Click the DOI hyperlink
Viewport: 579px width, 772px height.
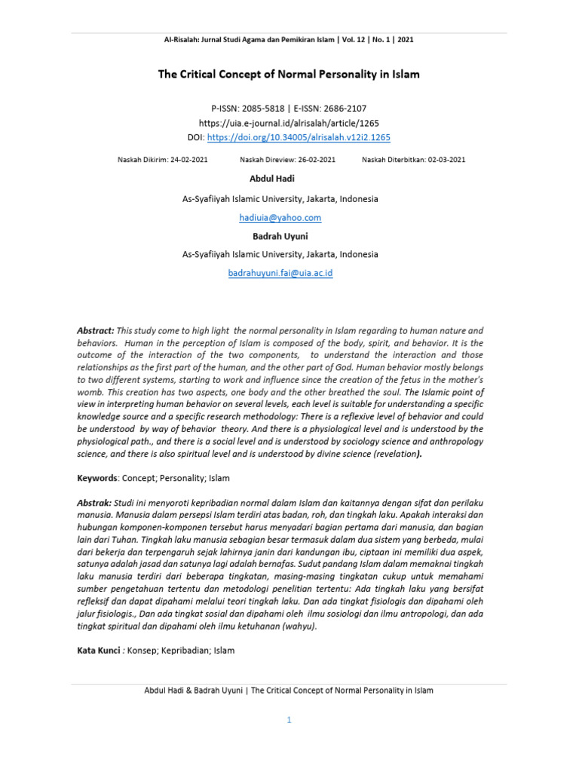(x=299, y=137)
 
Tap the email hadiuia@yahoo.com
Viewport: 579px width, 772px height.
(x=280, y=218)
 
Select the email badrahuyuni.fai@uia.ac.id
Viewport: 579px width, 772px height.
(x=280, y=273)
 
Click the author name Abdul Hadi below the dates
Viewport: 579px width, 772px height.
(x=272, y=179)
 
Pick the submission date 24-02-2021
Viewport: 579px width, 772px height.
(x=188, y=160)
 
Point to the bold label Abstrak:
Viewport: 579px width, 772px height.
(x=95, y=503)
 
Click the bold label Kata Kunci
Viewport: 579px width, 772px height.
(x=99, y=650)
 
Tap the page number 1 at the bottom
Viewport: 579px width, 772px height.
(x=288, y=720)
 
